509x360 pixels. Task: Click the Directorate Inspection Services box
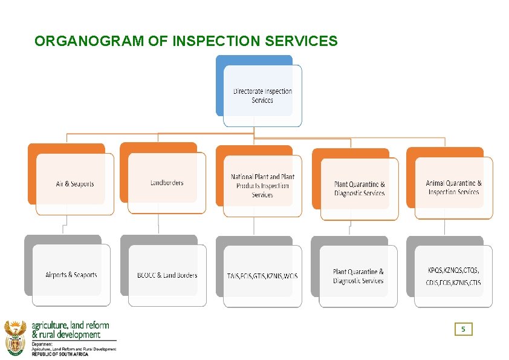[262, 96]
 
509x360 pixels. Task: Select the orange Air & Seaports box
[75, 184]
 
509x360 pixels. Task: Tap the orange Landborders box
[167, 183]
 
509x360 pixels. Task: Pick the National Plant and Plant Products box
[262, 186]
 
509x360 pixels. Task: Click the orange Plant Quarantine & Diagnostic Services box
[359, 189]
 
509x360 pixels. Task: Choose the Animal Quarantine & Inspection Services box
[453, 188]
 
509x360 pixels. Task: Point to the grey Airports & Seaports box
[71, 275]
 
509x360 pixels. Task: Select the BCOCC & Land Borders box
[167, 275]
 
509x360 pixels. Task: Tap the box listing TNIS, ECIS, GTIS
[262, 276]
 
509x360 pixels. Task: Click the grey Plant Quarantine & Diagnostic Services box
[358, 276]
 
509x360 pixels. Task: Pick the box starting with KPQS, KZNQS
[453, 276]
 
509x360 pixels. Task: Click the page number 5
[463, 329]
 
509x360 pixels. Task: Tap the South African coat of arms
[15, 336]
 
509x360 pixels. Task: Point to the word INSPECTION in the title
[210, 41]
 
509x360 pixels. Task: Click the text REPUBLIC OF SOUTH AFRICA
[60, 354]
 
